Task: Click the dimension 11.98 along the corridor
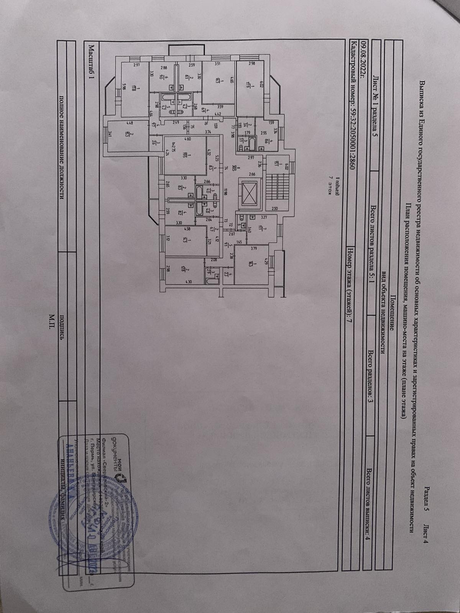[x=227, y=192]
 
